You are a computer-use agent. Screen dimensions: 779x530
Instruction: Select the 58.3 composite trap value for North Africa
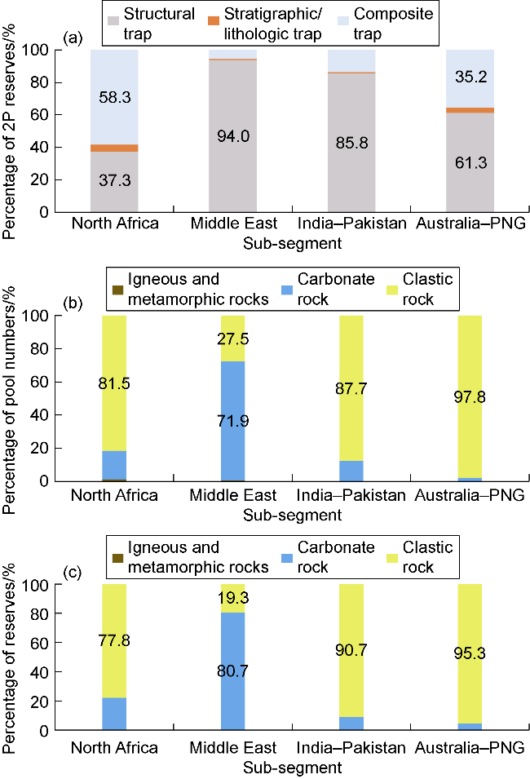pyautogui.click(x=114, y=96)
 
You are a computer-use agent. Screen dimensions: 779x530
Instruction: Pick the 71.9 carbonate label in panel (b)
pyautogui.click(x=233, y=421)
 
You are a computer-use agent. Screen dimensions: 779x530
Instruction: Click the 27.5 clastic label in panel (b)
pyautogui.click(x=233, y=339)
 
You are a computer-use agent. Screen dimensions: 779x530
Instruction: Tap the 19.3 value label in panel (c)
pyautogui.click(x=233, y=597)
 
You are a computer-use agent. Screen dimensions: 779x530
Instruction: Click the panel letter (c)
pyautogui.click(x=73, y=572)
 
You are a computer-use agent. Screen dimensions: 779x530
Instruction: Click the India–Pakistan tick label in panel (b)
pyautogui.click(x=351, y=495)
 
